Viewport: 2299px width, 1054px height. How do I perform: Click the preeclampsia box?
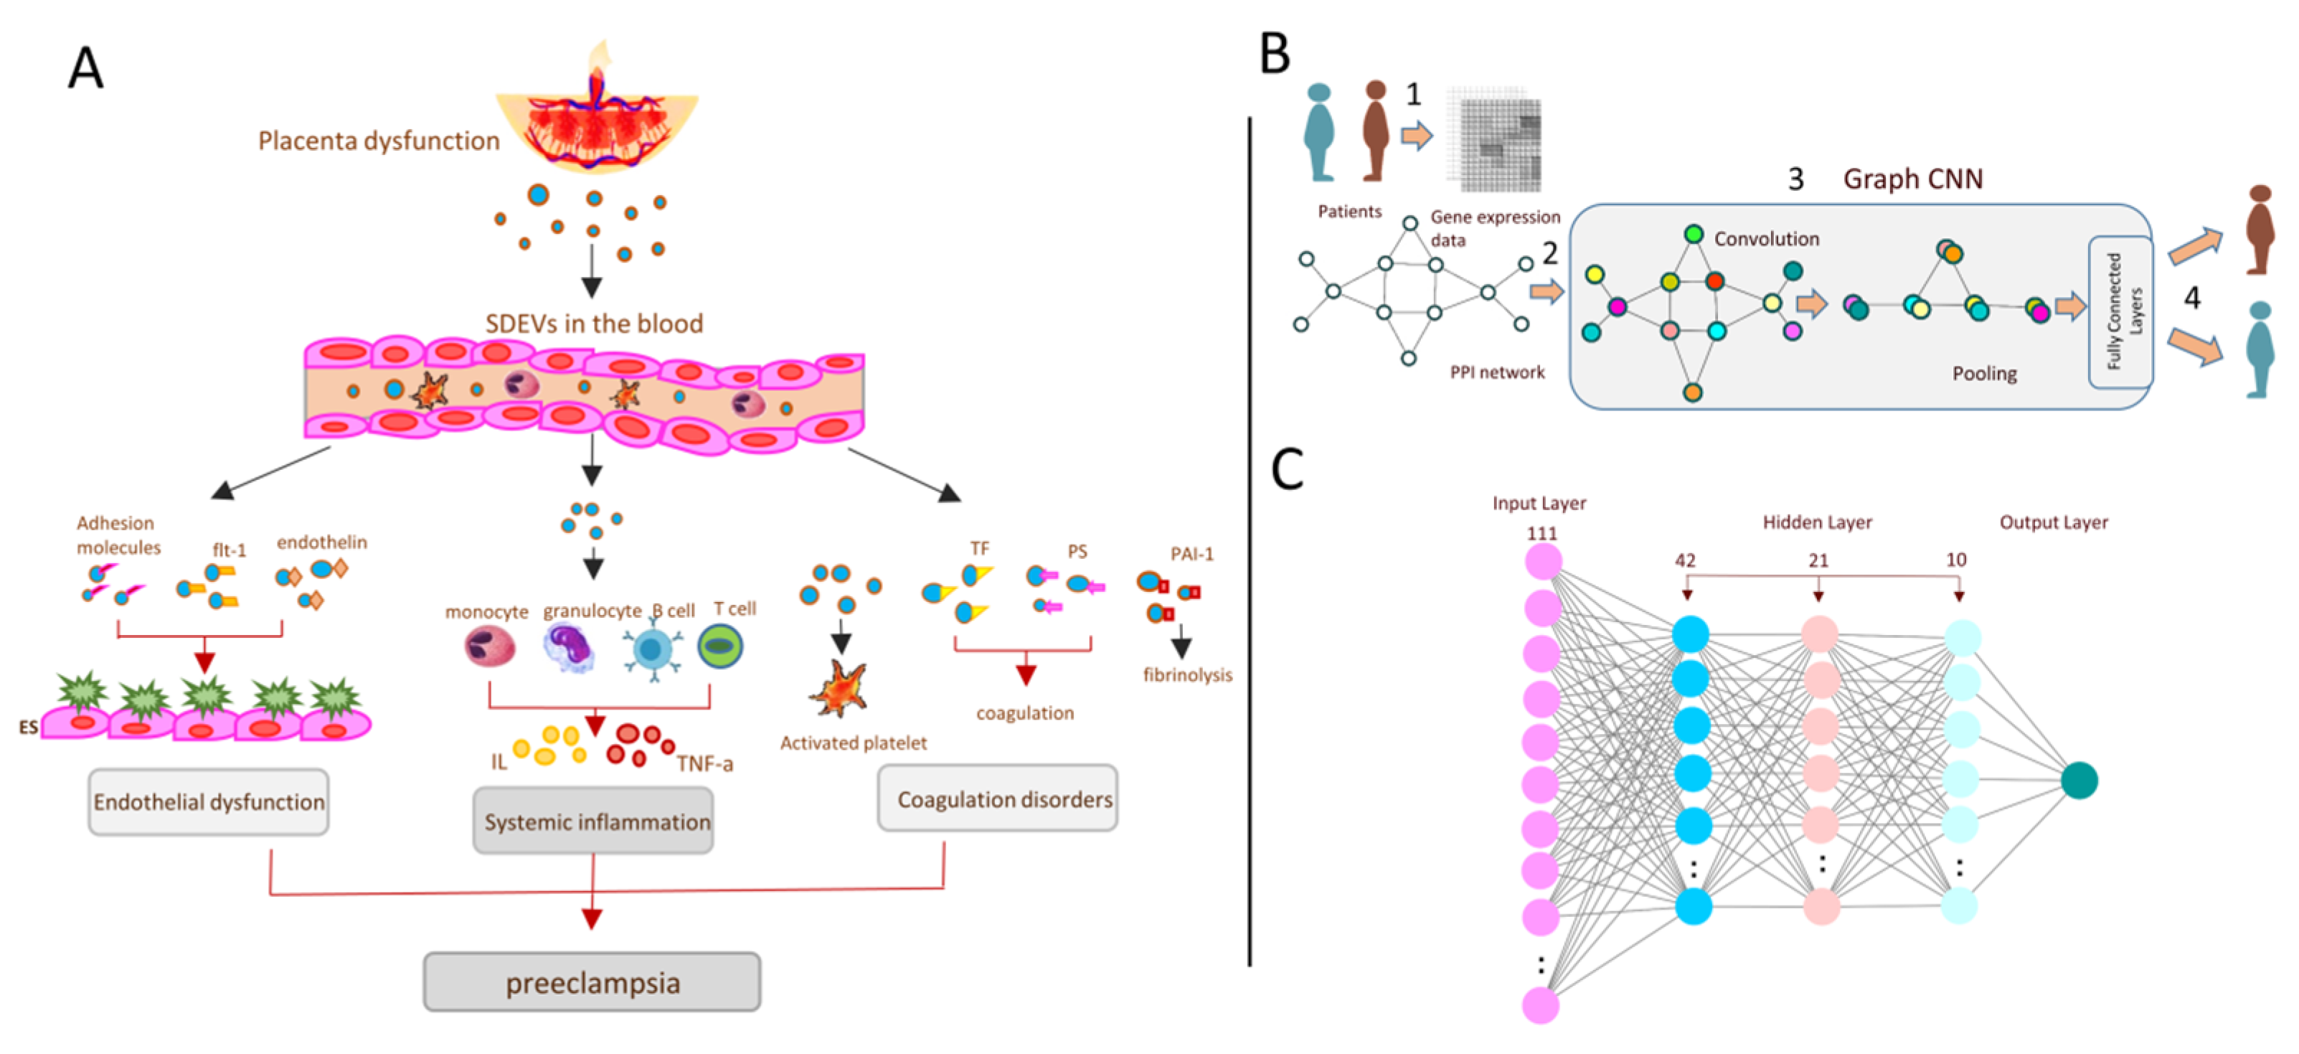coord(592,982)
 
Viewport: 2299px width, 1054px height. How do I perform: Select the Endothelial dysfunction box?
coord(208,801)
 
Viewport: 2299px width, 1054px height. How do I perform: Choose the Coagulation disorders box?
coord(997,799)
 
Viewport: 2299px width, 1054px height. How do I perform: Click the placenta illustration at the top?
coord(596,121)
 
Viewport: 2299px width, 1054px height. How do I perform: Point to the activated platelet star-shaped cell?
coord(839,688)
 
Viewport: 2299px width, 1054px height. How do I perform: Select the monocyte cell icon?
coord(490,646)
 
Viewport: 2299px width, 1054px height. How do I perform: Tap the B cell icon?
coord(652,649)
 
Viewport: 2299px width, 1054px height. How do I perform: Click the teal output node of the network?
coord(2079,780)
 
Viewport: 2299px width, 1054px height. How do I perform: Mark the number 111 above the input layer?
coord(1542,534)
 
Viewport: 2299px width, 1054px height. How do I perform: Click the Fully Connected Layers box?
coord(2120,311)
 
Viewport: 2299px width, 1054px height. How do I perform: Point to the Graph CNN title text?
coord(1912,179)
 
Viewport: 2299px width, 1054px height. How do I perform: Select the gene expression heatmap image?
coord(1493,138)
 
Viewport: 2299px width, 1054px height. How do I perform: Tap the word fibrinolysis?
coord(1187,674)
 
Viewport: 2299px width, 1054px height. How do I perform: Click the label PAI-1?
coord(1191,554)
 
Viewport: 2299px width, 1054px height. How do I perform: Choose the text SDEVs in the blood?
coord(593,323)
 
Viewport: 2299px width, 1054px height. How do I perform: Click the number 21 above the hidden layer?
coord(1818,560)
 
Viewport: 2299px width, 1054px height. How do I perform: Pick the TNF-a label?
coord(704,764)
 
